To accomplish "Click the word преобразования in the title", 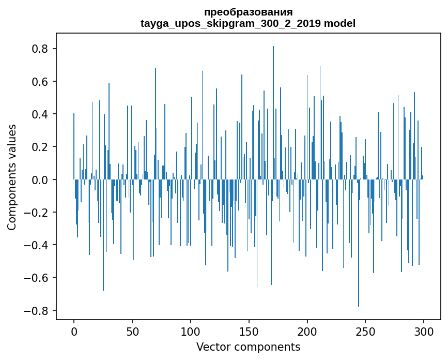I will pos(248,12).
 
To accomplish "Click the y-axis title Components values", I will pos(12,177).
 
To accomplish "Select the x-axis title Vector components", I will pos(248,347).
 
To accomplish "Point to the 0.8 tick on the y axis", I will pos(41,49).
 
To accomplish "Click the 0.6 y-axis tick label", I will pos(41,82).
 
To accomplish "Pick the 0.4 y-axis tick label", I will pos(41,114).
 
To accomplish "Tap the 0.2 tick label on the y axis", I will pos(41,147).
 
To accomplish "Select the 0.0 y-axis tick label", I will pos(41,180).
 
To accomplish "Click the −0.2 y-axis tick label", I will pos(38,213).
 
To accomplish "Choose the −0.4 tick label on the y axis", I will pos(38,245).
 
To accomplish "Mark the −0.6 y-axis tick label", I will pos(38,278).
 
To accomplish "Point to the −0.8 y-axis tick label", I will pos(38,311).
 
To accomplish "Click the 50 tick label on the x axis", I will pos(132,331).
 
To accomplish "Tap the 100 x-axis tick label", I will pos(191,331).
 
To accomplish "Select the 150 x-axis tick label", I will pos(249,331).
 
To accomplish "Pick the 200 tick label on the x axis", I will pos(307,331).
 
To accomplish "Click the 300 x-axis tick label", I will pos(424,331).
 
